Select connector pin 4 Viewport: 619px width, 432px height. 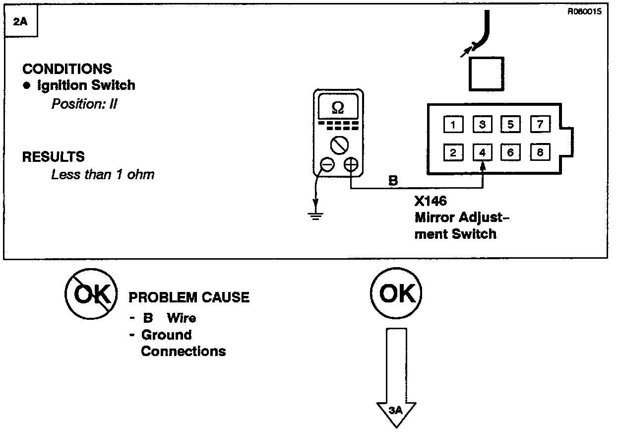point(482,152)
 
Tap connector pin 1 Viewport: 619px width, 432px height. point(453,124)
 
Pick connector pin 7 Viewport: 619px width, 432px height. point(540,124)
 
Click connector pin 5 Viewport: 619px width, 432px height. point(510,124)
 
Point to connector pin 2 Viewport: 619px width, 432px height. point(453,152)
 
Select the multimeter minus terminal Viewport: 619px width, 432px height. point(327,164)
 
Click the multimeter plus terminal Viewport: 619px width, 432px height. point(351,164)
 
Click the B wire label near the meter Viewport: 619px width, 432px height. point(393,181)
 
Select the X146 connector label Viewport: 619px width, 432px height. point(430,202)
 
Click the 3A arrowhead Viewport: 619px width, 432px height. point(396,412)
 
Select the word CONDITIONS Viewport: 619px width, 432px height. point(67,69)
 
